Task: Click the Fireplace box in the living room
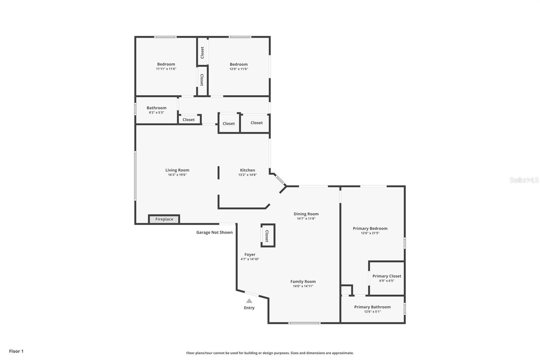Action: (x=164, y=219)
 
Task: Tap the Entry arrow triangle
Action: (x=249, y=301)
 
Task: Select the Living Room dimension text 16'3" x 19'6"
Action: (x=177, y=175)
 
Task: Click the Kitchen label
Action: (x=247, y=170)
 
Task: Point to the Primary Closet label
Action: (x=387, y=276)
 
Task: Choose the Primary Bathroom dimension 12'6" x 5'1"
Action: (x=372, y=312)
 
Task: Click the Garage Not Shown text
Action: (x=214, y=232)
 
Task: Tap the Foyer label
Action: (x=250, y=255)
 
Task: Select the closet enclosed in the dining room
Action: (x=268, y=235)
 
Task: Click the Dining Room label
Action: (x=306, y=214)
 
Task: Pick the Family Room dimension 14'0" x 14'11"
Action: (x=303, y=286)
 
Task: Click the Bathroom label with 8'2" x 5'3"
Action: (x=156, y=108)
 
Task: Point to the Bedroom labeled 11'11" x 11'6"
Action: (x=166, y=64)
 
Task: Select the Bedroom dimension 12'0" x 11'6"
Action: (x=239, y=69)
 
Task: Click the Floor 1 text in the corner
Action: (x=16, y=351)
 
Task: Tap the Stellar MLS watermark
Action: (x=524, y=180)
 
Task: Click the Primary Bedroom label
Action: (x=370, y=228)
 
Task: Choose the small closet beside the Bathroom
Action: (x=189, y=120)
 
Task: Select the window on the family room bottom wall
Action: (x=304, y=323)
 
